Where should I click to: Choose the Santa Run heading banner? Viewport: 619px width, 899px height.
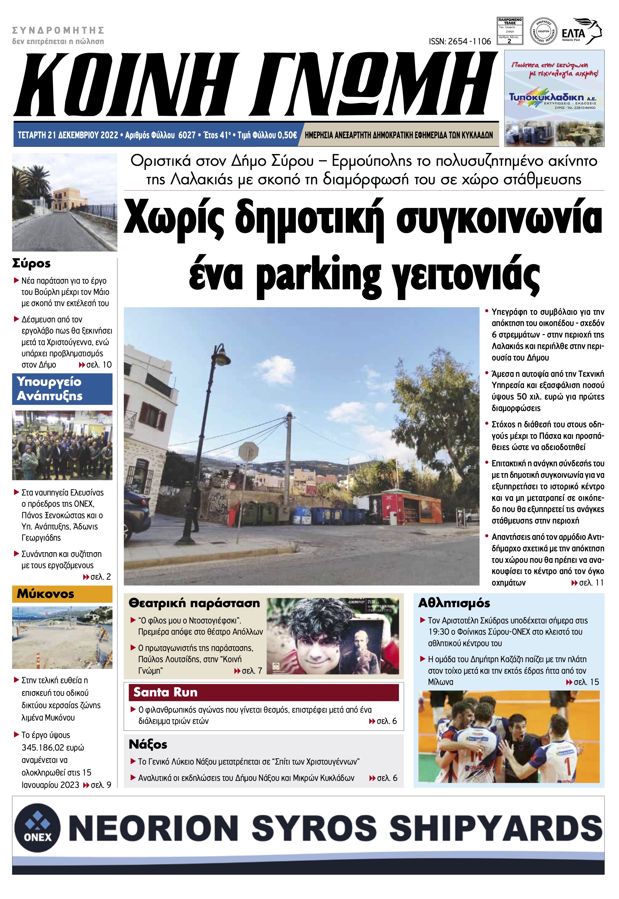(x=263, y=692)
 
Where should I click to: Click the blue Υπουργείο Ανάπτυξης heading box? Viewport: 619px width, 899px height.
(x=62, y=389)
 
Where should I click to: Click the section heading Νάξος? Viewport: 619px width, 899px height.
(x=148, y=744)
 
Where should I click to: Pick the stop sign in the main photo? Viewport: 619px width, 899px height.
(x=249, y=451)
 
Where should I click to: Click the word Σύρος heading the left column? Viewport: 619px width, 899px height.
(x=31, y=263)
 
